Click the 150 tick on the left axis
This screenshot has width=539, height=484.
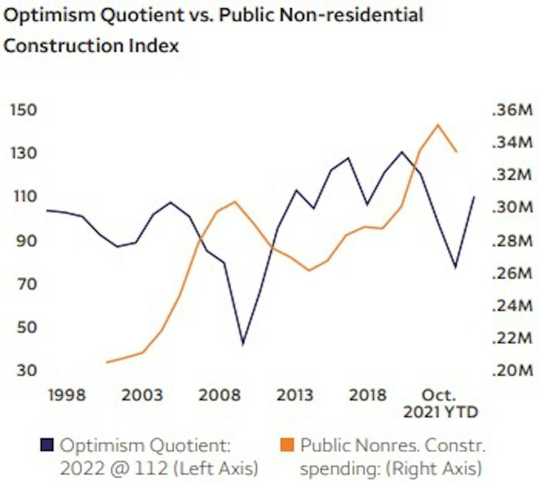[x=24, y=110]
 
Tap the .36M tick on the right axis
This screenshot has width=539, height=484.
[x=512, y=110]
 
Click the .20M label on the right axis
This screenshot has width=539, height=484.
[x=512, y=370]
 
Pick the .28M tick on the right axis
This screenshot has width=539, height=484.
[x=512, y=240]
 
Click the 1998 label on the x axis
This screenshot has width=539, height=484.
[x=67, y=395]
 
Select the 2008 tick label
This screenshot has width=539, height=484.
[x=219, y=395]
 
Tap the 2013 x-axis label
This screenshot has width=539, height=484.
[x=295, y=395]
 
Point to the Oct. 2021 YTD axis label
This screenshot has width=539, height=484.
[x=440, y=403]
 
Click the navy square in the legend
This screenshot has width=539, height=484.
[x=47, y=445]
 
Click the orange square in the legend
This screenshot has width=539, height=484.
[x=287, y=445]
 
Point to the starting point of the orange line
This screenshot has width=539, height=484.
[x=107, y=362]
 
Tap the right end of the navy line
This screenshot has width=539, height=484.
[x=474, y=197]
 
